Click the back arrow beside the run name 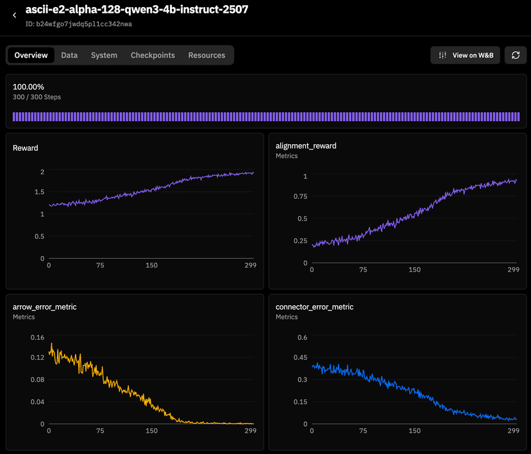point(15,15)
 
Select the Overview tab point(31,55)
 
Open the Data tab point(69,55)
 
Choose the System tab point(104,55)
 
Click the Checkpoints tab point(153,55)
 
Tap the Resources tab point(206,55)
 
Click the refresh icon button point(514,55)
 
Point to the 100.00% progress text point(28,87)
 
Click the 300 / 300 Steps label point(37,97)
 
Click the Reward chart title point(26,148)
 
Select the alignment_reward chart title point(306,146)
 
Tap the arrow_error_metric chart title point(44,307)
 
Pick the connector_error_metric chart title point(314,307)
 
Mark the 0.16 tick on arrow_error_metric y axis point(37,337)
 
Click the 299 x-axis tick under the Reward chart point(250,265)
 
